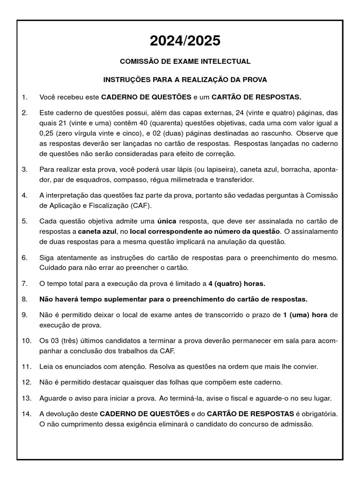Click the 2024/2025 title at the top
coord(185,41)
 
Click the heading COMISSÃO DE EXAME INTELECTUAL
coord(185,61)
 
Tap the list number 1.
coord(24,97)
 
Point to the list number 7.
coord(24,284)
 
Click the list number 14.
coord(26,414)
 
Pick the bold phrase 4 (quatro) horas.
coord(237,284)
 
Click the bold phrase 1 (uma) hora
coord(305,315)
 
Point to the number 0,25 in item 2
coord(46,134)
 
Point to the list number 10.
coord(26,341)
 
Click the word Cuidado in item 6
coord(53,268)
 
